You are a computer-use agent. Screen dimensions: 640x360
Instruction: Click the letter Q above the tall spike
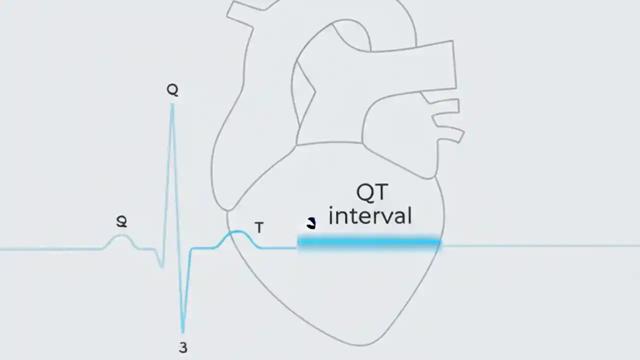point(172,90)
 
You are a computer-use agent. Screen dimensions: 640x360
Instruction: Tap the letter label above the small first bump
point(121,221)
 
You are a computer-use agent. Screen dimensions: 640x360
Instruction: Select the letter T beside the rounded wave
point(259,228)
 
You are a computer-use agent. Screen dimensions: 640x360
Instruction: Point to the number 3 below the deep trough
point(183,347)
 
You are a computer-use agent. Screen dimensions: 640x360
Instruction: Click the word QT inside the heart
point(372,193)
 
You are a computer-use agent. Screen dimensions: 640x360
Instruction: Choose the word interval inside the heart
point(370,216)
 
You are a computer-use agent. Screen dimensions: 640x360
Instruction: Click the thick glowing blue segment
point(369,242)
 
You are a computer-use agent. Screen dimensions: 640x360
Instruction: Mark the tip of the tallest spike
point(172,105)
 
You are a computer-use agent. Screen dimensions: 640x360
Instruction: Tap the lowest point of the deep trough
point(183,331)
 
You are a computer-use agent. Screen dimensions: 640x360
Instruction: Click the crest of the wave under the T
point(237,232)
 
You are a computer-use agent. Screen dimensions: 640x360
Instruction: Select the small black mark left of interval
point(311,223)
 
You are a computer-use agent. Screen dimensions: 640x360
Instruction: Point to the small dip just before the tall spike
point(161,265)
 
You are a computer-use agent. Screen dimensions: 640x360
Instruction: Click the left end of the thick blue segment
point(299,242)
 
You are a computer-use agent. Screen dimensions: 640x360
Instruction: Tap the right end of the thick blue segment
point(439,242)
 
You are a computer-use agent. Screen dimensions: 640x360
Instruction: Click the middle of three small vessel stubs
point(446,120)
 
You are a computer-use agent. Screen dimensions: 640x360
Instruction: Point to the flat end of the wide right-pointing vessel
point(454,65)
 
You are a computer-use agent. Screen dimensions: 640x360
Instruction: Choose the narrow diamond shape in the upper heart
point(305,95)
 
